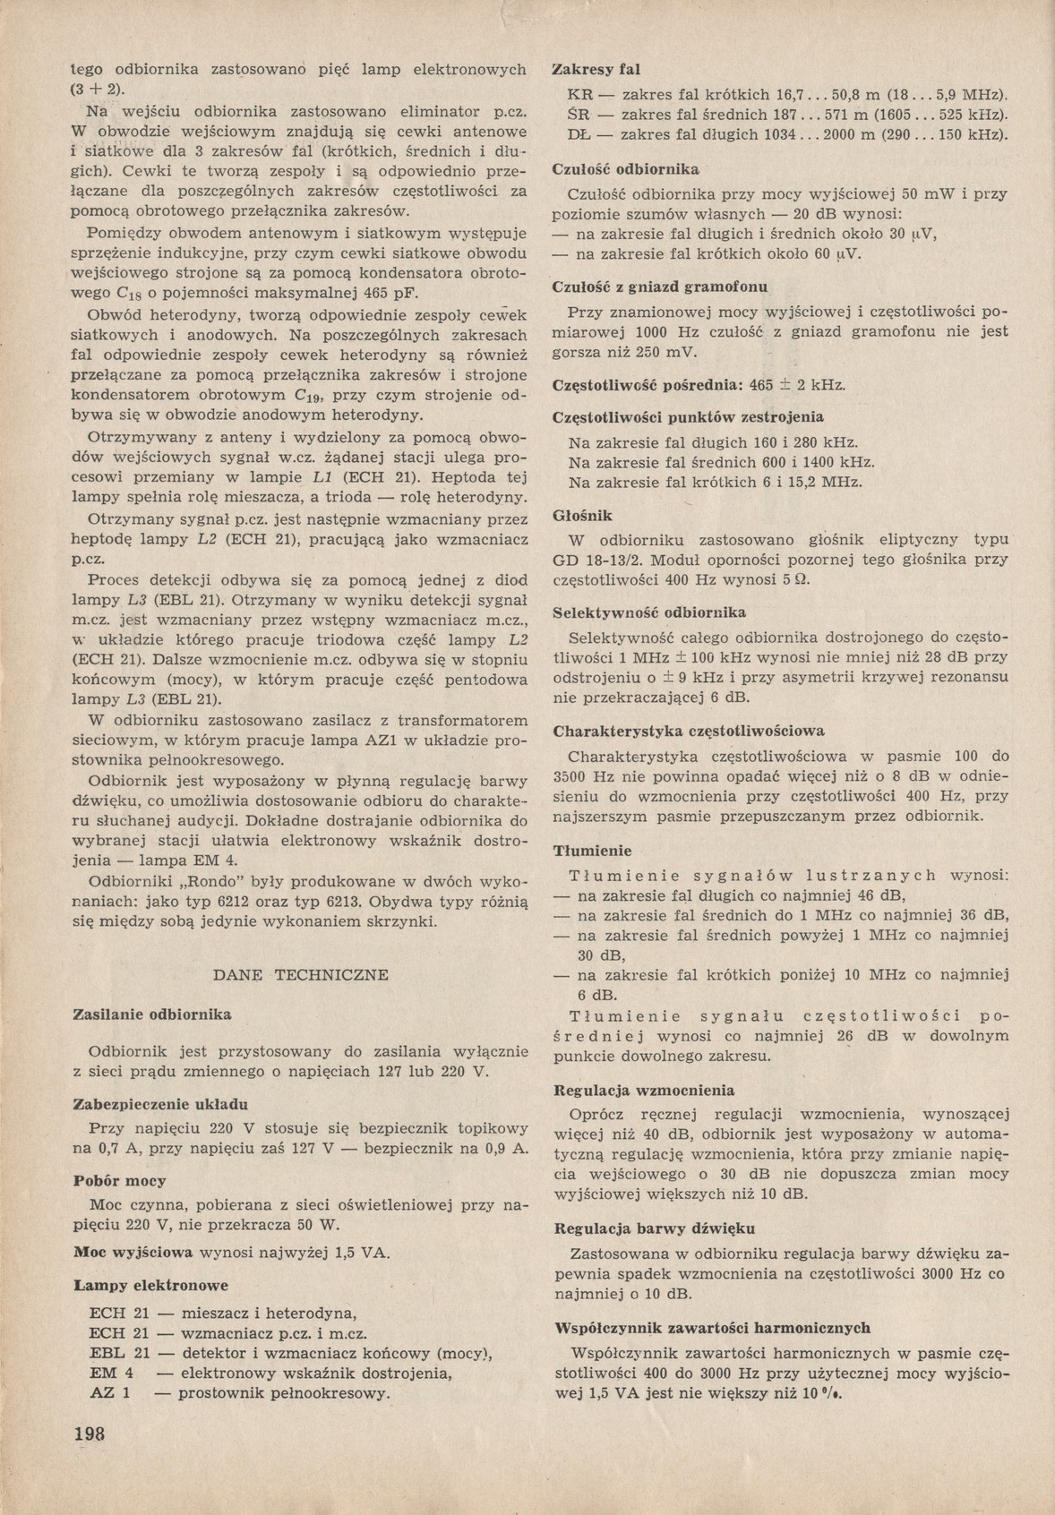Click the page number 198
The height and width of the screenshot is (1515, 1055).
[89, 1432]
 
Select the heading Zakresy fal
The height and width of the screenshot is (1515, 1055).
[596, 69]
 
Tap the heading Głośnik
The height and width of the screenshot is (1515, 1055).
[583, 516]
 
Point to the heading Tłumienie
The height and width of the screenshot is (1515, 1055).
[593, 851]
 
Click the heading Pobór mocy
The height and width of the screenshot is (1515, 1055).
[119, 1181]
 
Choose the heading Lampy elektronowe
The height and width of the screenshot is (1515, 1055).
[150, 1285]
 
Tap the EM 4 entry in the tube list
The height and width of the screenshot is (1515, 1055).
[112, 1374]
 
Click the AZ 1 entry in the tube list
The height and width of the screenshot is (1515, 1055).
[110, 1393]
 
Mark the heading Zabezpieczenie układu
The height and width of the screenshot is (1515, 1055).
[159, 1104]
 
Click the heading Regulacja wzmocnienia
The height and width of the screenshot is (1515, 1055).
[645, 1091]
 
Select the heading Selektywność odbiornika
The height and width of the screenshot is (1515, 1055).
[650, 612]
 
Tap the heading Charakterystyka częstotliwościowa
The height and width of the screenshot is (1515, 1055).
[689, 731]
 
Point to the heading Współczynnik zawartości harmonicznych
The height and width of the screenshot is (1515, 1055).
[713, 1328]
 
